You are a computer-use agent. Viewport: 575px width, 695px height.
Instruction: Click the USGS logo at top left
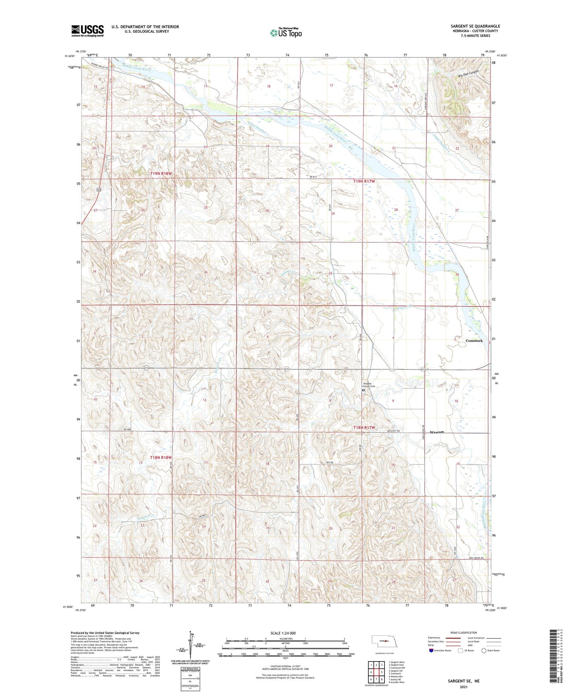click(x=88, y=31)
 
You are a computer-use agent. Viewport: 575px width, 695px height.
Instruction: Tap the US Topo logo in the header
click(x=286, y=32)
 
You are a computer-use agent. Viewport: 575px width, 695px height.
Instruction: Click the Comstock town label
click(x=474, y=341)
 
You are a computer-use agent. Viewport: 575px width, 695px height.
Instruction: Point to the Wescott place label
click(x=437, y=432)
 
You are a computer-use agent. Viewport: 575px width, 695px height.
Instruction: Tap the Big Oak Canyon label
click(x=467, y=74)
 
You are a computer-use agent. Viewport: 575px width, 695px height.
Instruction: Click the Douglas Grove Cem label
click(x=369, y=385)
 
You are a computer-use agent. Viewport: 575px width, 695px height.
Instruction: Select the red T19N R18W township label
click(x=161, y=174)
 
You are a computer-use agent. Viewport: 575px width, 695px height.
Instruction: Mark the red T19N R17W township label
click(x=364, y=182)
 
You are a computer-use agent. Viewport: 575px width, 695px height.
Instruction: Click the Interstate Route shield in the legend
click(x=432, y=650)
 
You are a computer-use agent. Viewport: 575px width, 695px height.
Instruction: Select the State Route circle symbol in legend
click(x=484, y=650)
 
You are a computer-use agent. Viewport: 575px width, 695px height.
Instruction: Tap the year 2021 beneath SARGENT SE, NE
click(x=464, y=687)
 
